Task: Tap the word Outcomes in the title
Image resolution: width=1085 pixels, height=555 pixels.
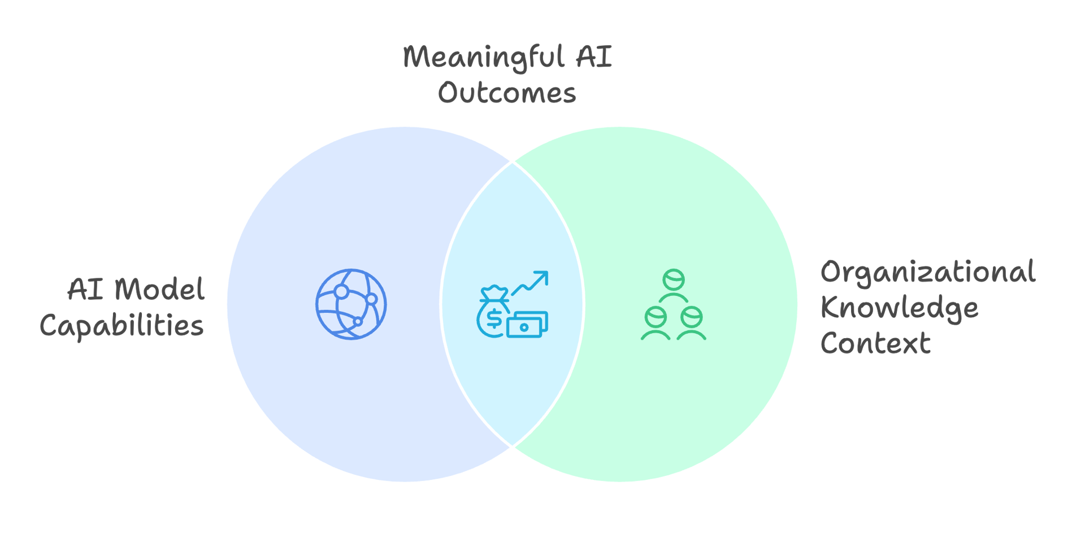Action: pos(507,93)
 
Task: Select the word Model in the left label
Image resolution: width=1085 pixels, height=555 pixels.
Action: pos(159,290)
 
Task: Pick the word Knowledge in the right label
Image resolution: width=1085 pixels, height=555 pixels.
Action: pos(899,308)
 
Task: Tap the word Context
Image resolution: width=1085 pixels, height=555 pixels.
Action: pos(875,343)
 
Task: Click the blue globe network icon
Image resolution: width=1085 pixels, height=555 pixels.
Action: pos(351,304)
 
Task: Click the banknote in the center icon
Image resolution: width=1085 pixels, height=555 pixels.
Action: pos(527,325)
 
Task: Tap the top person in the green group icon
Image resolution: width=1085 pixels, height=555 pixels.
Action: pos(674,285)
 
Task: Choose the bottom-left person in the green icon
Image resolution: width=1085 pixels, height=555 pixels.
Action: pos(656,323)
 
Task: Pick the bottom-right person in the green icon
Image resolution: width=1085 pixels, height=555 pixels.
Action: pos(692,323)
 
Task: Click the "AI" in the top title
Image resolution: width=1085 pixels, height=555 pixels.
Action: pos(594,57)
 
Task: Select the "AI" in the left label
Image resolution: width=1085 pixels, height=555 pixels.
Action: pos(85,290)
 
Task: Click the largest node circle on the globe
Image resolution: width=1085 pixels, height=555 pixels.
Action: pos(341,292)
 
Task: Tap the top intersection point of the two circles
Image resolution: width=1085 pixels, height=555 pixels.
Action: pos(512,161)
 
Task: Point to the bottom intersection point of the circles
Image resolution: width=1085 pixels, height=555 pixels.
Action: pos(512,448)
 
